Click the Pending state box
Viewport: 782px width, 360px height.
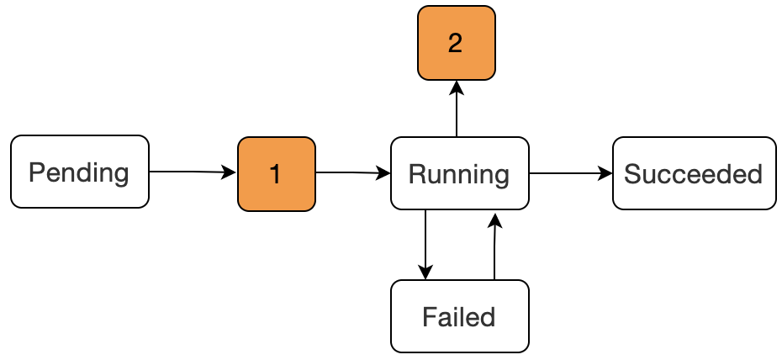[x=80, y=172]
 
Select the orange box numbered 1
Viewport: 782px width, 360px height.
[x=277, y=174]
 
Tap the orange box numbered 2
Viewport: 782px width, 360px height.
[x=457, y=43]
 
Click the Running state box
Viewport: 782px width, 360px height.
[x=459, y=173]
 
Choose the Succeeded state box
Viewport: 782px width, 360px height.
[x=695, y=173]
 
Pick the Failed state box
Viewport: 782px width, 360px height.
[x=459, y=316]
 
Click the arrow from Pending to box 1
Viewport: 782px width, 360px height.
[x=193, y=172]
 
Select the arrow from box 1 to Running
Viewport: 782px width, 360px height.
[x=353, y=173]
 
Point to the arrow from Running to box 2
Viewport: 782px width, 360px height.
[x=457, y=109]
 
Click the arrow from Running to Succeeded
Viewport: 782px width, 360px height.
[x=571, y=173]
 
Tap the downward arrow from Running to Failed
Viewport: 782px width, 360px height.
[x=425, y=244]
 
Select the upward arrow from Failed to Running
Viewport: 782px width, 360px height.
[x=494, y=246]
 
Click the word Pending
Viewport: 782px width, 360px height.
[x=79, y=173]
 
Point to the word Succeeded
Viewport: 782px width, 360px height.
[x=693, y=174]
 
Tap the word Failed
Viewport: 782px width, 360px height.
[x=459, y=317]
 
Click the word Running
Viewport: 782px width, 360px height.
[x=459, y=175]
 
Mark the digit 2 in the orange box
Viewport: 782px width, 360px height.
[x=456, y=44]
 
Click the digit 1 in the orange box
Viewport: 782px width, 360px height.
[x=275, y=174]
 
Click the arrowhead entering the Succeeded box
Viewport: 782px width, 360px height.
[x=605, y=173]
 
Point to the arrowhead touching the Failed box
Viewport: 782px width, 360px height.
[x=425, y=273]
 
